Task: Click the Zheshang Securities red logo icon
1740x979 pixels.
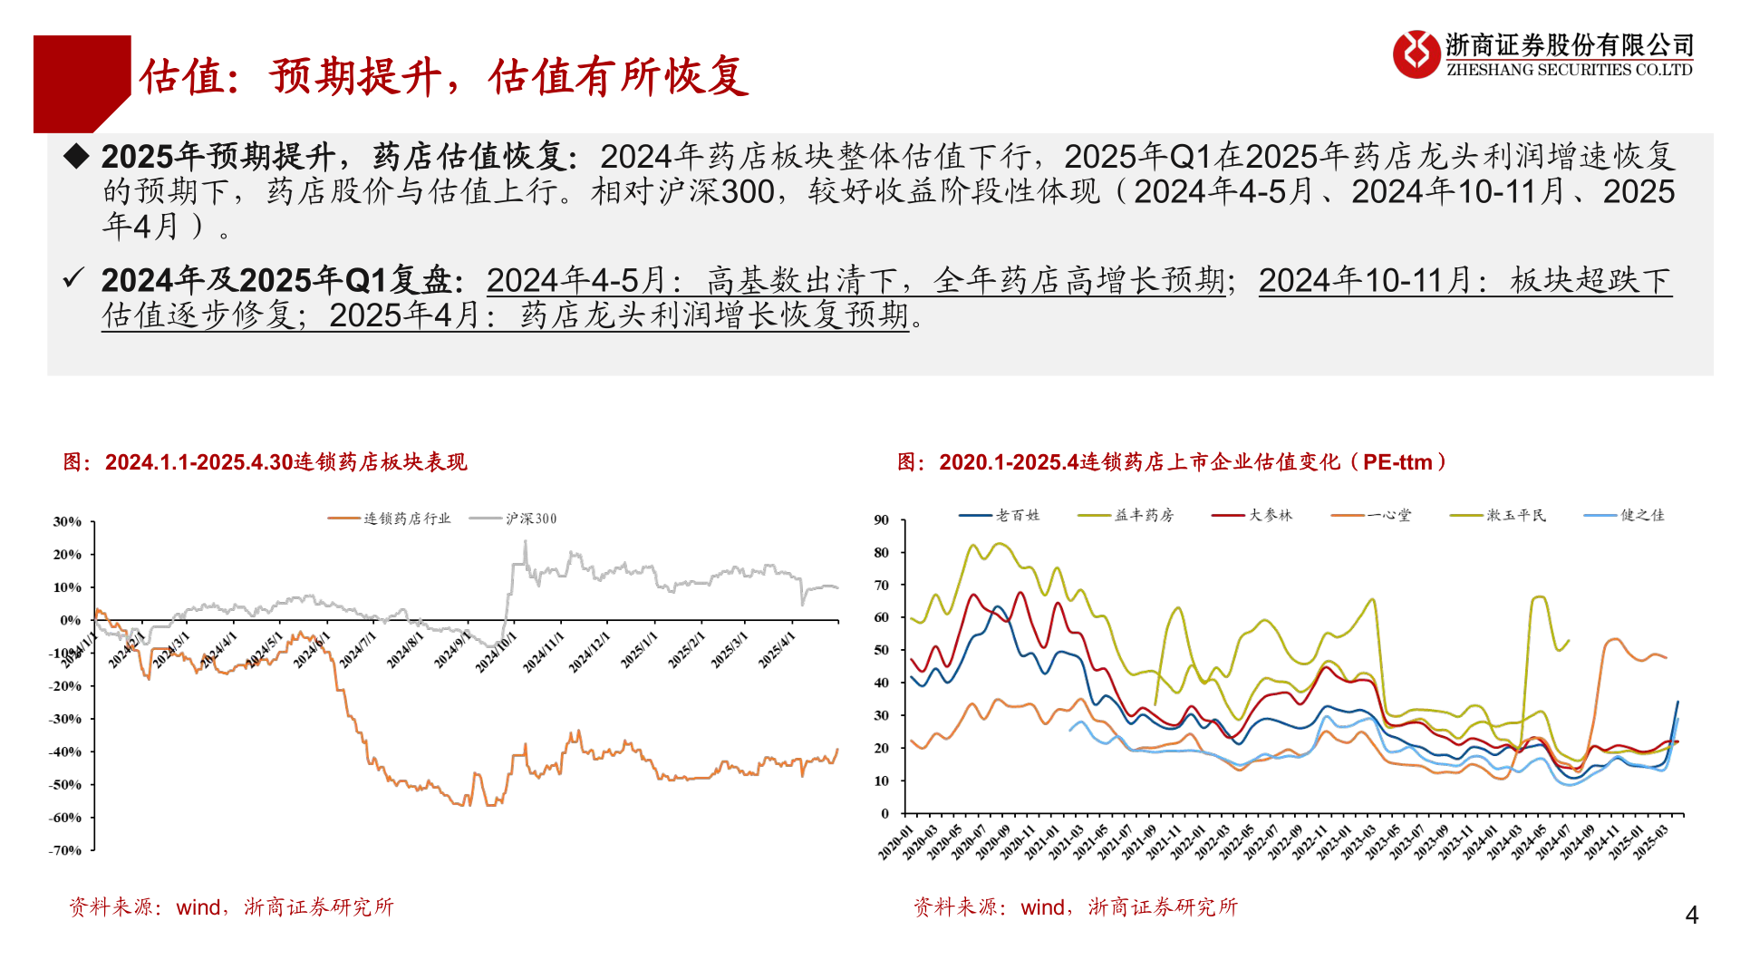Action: [x=1416, y=54]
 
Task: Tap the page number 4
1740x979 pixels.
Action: [x=1691, y=916]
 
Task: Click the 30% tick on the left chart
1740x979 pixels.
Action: [x=67, y=521]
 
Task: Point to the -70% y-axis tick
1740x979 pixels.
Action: [x=65, y=850]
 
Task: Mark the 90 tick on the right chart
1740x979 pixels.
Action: [x=882, y=519]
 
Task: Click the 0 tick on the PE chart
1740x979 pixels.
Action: [x=885, y=813]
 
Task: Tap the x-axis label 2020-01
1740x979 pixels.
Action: [x=895, y=842]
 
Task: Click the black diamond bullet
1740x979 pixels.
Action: [x=76, y=156]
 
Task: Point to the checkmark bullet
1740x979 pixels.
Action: [x=73, y=278]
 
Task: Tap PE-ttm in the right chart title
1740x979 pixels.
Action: [x=1397, y=462]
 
